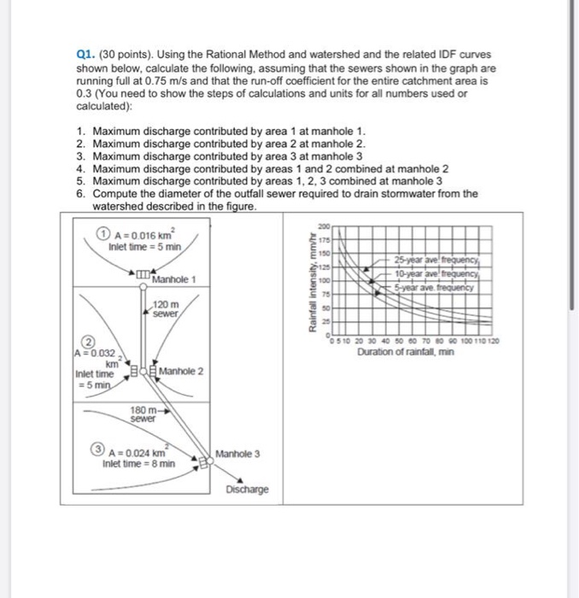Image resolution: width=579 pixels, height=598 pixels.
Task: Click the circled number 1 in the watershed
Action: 102,237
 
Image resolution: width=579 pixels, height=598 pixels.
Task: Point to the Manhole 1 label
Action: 174,280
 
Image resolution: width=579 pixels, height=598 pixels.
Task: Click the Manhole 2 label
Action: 181,371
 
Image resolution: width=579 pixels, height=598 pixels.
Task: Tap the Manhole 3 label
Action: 238,453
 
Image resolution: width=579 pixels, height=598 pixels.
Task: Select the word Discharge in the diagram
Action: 248,490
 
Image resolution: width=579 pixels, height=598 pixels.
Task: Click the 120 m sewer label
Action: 166,310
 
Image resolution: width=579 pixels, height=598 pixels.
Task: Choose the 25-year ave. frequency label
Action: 437,260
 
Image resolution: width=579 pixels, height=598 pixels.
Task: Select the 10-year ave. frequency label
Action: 437,273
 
